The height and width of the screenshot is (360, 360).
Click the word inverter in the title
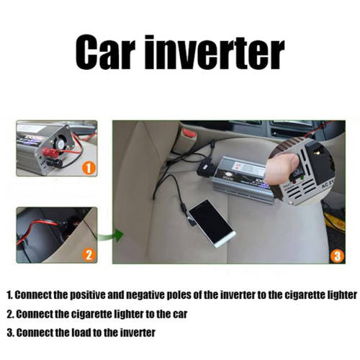click(x=215, y=53)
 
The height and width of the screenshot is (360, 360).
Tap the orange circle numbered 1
click(x=89, y=167)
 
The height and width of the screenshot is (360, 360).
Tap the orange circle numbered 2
click(x=89, y=254)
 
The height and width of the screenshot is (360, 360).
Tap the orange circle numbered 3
click(x=337, y=256)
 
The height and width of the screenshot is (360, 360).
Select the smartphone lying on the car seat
click(x=212, y=222)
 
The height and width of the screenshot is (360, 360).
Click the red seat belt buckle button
click(x=189, y=132)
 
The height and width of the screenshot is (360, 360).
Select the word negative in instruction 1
click(x=148, y=294)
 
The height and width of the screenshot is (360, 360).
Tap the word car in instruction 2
click(x=181, y=314)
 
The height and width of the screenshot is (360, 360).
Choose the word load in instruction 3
click(x=81, y=333)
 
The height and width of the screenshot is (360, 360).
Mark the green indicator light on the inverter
click(x=302, y=178)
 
